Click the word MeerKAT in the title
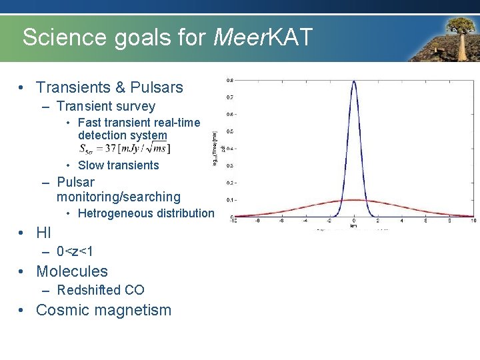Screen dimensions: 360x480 pos(263,37)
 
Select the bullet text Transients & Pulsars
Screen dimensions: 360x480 pos(109,87)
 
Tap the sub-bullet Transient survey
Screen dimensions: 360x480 pos(105,106)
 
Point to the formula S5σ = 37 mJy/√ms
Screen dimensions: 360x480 pos(124,148)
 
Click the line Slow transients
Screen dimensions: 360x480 pos(118,165)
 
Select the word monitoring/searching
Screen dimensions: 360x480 pos(118,197)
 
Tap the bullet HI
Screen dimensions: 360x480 pos(43,233)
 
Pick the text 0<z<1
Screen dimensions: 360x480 pos(75,251)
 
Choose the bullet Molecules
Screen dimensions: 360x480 pos(71,271)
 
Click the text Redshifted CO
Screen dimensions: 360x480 pos(100,290)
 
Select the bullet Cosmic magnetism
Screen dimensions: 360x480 pos(103,310)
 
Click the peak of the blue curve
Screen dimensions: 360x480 pos(353,81)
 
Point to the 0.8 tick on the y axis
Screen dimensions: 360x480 pos(229,80)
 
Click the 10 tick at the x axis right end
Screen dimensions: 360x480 pos(473,221)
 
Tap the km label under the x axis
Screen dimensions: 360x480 pos(353,226)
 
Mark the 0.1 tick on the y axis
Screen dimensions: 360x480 pos(229,200)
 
